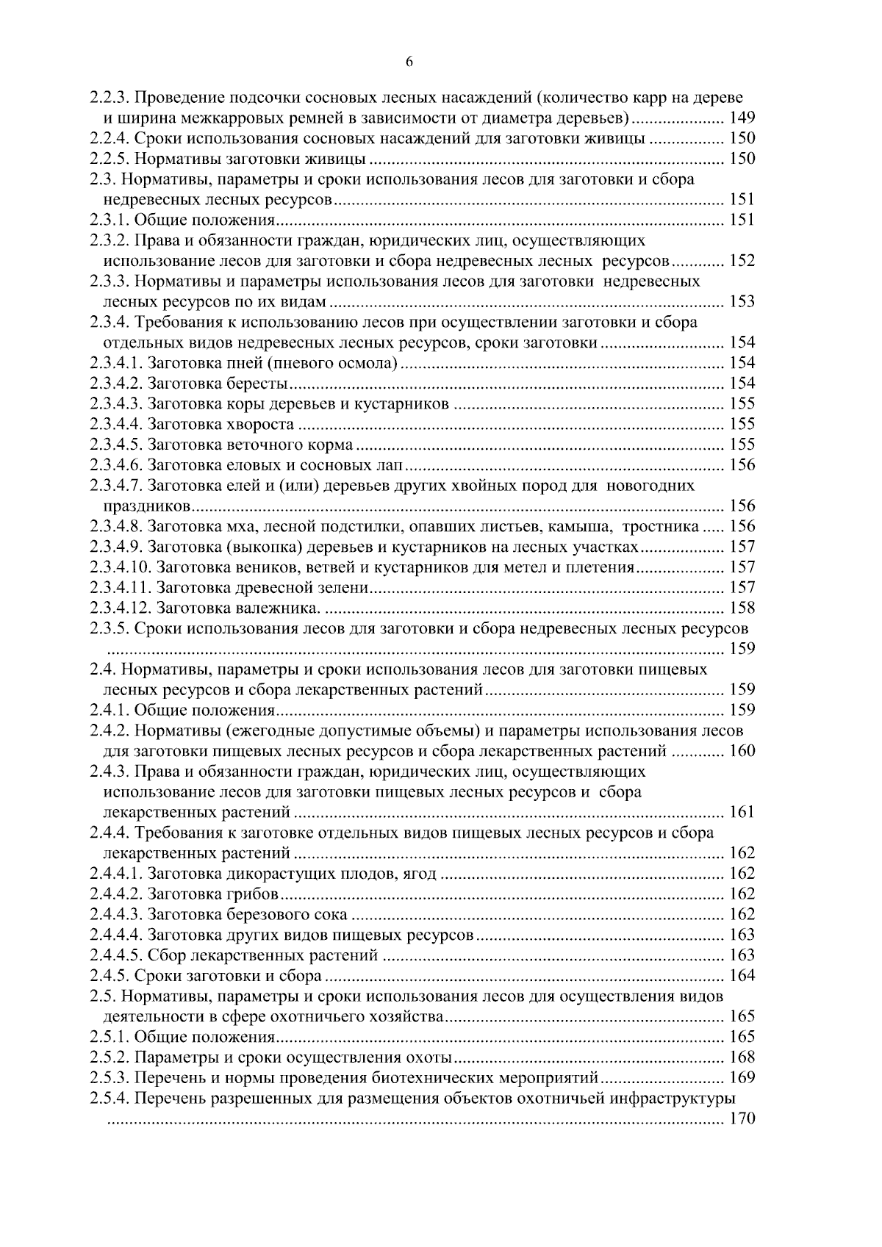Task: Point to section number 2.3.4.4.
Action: point(116,424)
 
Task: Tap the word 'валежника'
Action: point(279,608)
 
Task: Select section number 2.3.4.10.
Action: point(121,567)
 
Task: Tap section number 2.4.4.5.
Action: point(116,955)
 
